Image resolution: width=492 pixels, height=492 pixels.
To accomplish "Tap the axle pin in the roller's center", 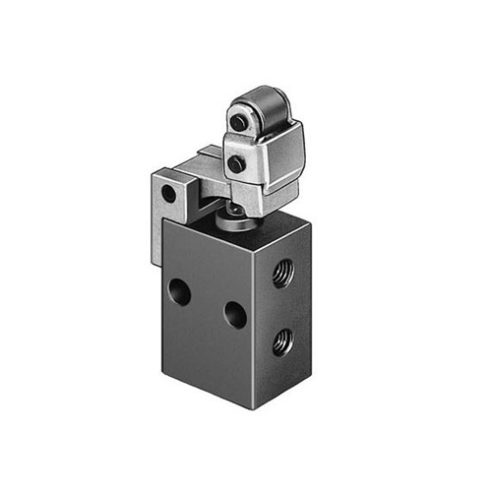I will [x=239, y=121].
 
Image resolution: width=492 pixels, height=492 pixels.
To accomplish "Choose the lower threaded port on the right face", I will [x=283, y=341].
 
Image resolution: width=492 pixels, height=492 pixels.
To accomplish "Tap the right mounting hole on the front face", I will [x=235, y=314].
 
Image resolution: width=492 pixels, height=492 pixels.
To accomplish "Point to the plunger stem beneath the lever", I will [x=236, y=213].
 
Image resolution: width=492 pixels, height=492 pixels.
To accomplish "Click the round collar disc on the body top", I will [x=233, y=225].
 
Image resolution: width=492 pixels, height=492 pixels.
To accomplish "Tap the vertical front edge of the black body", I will [x=258, y=325].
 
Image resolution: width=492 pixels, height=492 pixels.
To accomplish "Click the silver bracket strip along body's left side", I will [x=156, y=236].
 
